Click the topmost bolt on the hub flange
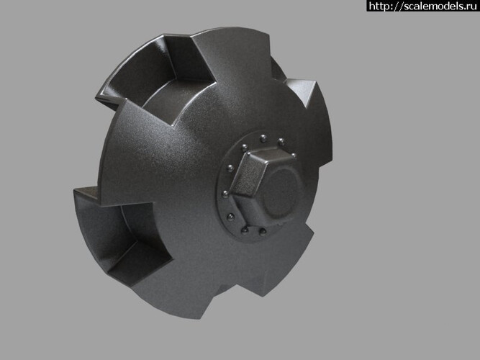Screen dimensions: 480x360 (x=263, y=139)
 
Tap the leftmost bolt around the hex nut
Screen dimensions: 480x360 (x=225, y=194)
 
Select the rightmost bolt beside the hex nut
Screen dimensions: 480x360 (x=294, y=156)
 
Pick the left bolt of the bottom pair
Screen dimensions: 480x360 (x=245, y=230)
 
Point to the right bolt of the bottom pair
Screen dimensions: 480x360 (x=263, y=231)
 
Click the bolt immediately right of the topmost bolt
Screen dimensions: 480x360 (x=281, y=142)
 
